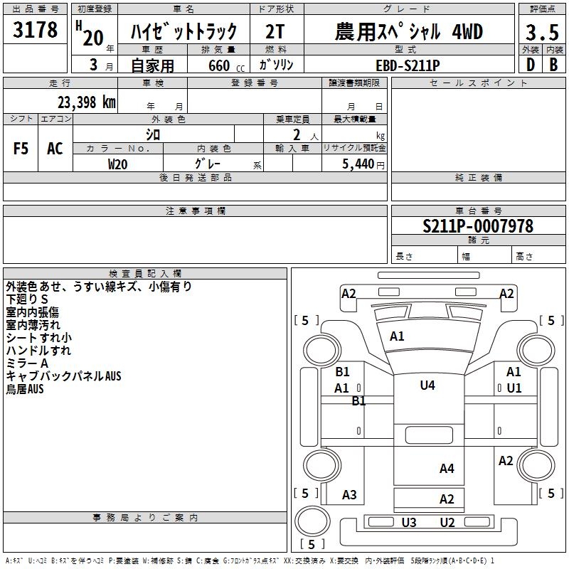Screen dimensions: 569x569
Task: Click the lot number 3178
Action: (36, 31)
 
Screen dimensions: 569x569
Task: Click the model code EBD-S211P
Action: (408, 64)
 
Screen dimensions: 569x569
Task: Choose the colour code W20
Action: (118, 164)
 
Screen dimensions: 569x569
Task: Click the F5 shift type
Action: (21, 148)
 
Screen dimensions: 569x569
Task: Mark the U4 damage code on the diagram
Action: (427, 385)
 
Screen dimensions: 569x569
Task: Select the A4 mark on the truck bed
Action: (447, 468)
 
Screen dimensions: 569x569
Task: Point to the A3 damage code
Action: (349, 494)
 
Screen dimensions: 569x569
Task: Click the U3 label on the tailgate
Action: (409, 523)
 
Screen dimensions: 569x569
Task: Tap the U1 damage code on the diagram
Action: (514, 388)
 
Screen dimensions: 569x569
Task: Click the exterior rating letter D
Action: (530, 64)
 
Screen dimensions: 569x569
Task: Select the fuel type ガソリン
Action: (277, 64)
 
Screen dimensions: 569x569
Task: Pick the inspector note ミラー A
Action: (28, 363)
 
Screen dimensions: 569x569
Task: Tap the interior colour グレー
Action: (207, 164)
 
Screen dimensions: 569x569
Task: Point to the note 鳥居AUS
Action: (25, 389)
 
